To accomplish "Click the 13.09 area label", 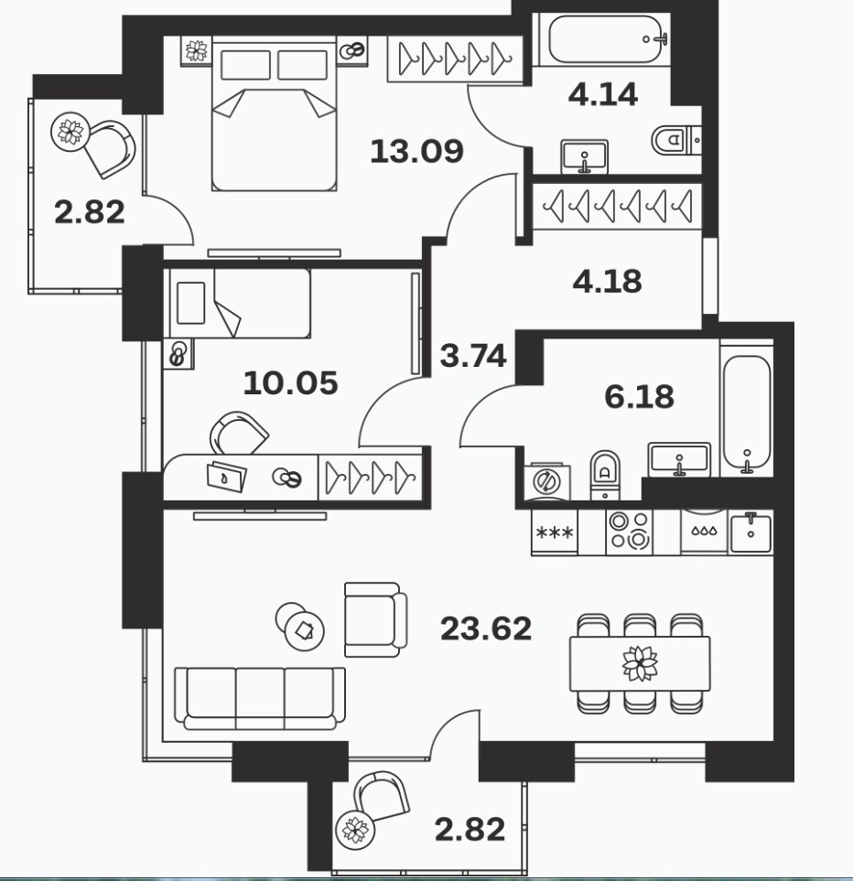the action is pyautogui.click(x=417, y=151).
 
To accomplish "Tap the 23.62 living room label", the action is pyautogui.click(x=486, y=629).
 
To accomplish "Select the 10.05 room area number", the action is pyautogui.click(x=290, y=382).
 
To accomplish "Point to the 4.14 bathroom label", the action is pyautogui.click(x=603, y=94).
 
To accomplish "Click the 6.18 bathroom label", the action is pyautogui.click(x=639, y=396).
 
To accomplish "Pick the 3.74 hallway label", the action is pyautogui.click(x=473, y=356).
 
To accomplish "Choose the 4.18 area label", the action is pyautogui.click(x=608, y=281).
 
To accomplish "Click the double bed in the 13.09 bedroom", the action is pyautogui.click(x=275, y=116).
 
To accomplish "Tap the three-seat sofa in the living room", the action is pyautogui.click(x=260, y=698).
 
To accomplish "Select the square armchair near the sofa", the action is pyautogui.click(x=375, y=619).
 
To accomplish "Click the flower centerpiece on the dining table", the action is pyautogui.click(x=640, y=663).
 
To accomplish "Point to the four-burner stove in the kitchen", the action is pyautogui.click(x=630, y=532).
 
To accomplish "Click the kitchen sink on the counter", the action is pyautogui.click(x=750, y=532).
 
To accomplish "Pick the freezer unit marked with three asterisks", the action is pyautogui.click(x=555, y=532).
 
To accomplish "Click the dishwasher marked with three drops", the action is pyautogui.click(x=705, y=532).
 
